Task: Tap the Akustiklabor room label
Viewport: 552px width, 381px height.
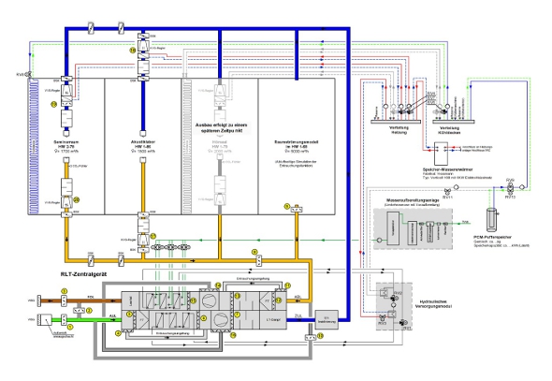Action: coord(142,141)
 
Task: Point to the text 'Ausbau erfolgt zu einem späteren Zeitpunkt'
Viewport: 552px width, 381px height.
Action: coord(219,131)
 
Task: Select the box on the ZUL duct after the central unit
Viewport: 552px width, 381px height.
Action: coord(327,317)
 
